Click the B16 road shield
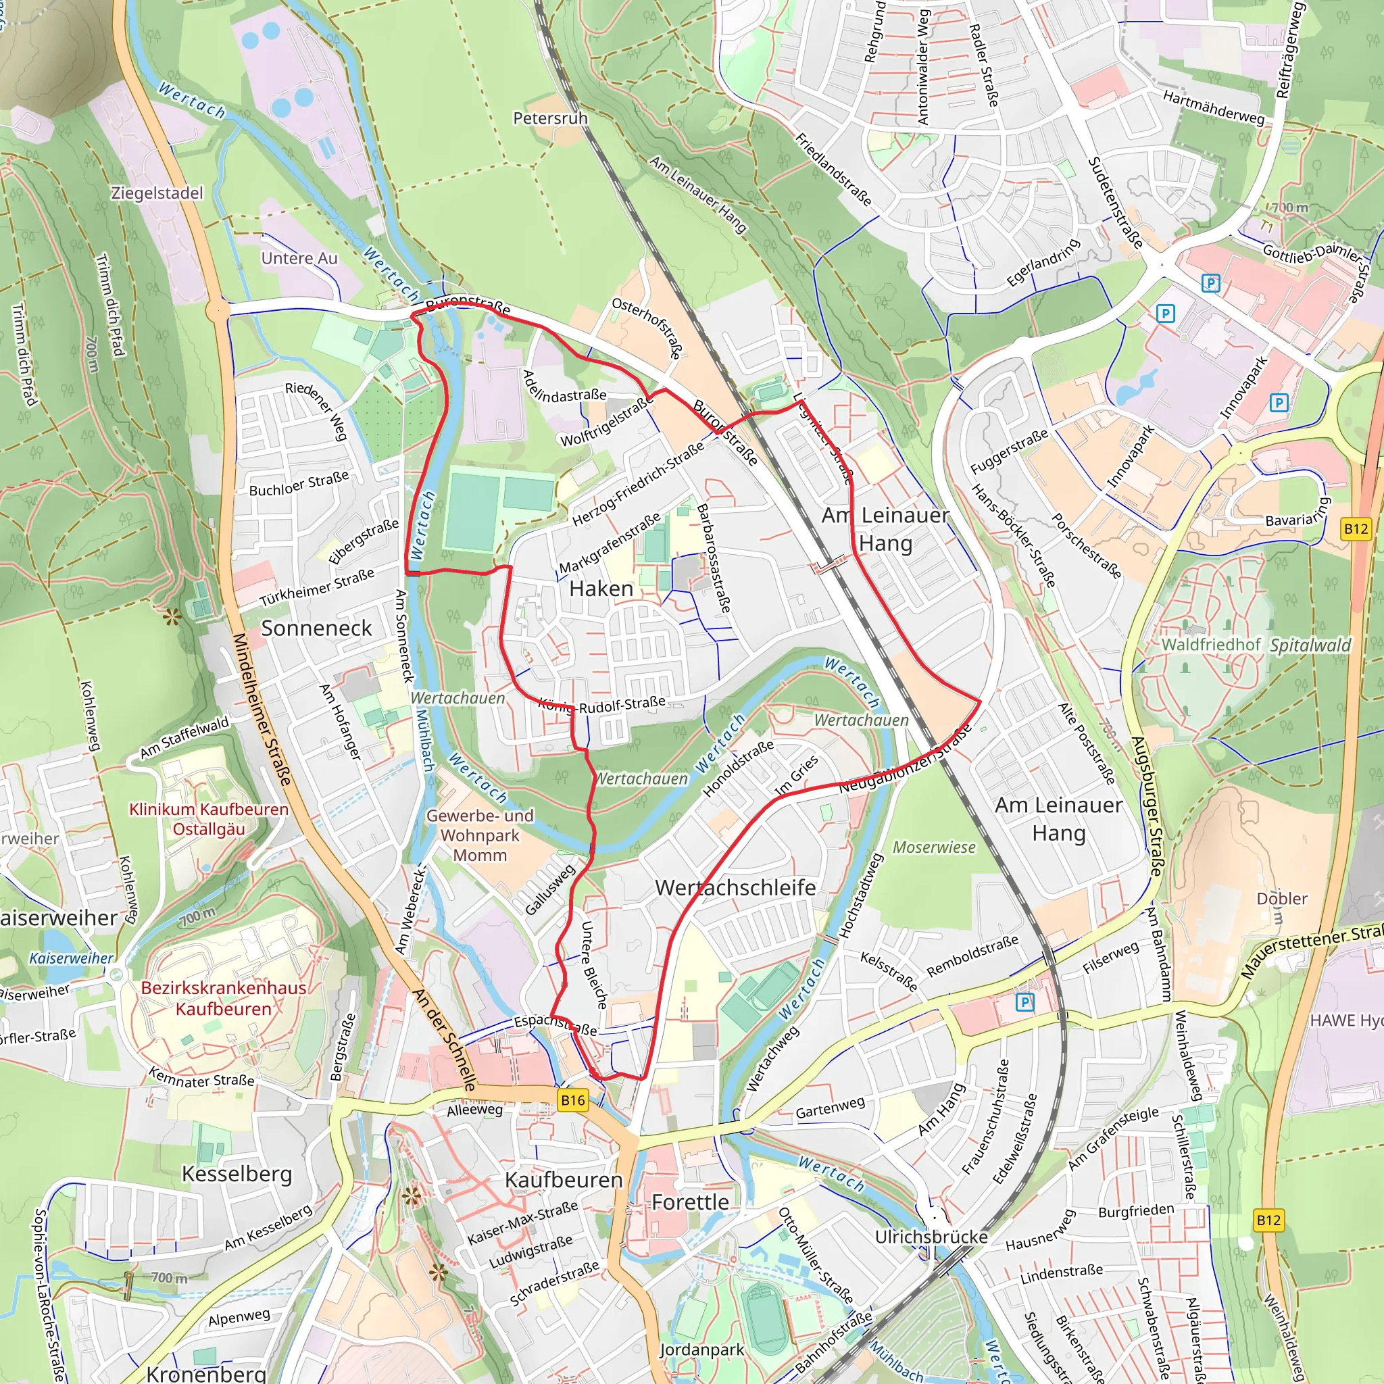point(572,1100)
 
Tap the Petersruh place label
point(550,118)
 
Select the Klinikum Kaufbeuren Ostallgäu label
point(208,819)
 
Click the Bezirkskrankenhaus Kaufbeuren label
point(224,998)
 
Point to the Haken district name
point(601,589)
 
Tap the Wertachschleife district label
point(735,887)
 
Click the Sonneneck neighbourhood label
point(316,628)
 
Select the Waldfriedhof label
point(1210,645)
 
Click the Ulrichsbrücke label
point(931,1237)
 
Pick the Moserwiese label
point(934,847)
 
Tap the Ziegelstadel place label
point(157,193)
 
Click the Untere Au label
point(299,259)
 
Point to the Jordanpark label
point(701,1350)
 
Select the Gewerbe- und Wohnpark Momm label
point(480,835)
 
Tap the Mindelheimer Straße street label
point(262,709)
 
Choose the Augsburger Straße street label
point(1146,806)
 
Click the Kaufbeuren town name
point(564,1180)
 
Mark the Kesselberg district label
point(237,1173)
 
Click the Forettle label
point(690,1202)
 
